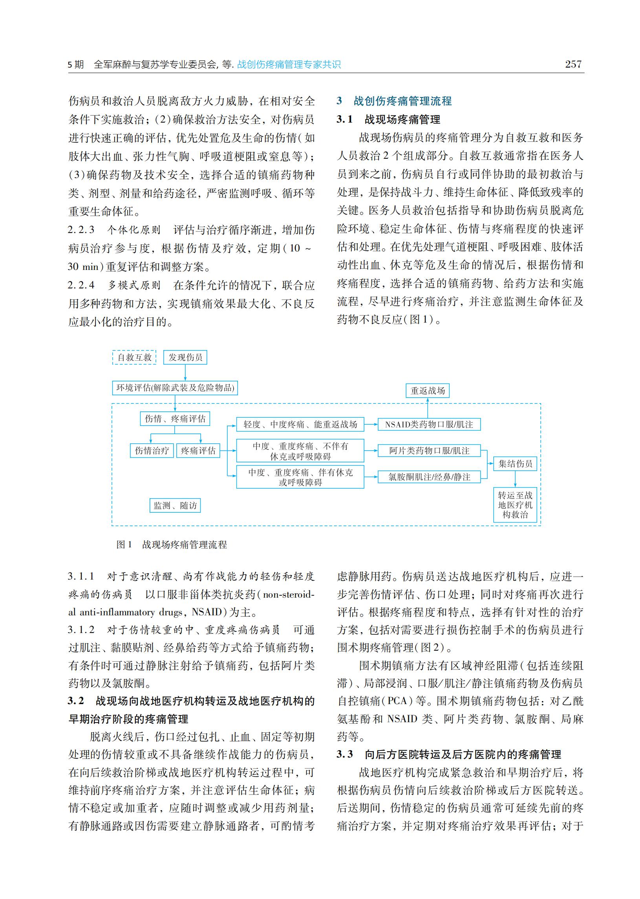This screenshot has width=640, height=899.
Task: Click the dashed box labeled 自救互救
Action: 134,357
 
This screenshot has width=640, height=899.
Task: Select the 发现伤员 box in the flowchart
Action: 185,357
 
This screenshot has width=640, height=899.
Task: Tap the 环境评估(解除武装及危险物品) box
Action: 175,388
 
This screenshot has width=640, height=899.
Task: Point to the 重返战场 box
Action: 428,391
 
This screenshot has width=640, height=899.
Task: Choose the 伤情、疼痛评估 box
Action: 175,419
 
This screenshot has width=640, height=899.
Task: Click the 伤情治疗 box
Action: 152,451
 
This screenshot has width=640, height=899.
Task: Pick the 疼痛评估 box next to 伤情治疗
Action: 198,451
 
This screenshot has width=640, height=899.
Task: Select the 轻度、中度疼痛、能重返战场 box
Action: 300,425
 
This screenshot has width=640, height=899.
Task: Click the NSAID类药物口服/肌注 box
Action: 429,425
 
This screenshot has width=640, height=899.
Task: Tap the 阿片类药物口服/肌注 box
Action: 429,451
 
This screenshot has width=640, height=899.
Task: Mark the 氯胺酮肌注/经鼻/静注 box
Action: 429,477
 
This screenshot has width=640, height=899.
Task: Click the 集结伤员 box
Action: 515,464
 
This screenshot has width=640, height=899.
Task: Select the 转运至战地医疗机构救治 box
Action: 515,505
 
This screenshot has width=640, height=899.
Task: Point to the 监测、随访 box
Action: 175,505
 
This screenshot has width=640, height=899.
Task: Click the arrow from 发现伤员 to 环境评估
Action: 185,373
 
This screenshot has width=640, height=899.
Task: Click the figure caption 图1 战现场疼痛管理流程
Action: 172,545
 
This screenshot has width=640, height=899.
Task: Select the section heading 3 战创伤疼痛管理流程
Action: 394,101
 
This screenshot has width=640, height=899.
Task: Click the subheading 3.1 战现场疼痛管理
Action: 388,119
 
